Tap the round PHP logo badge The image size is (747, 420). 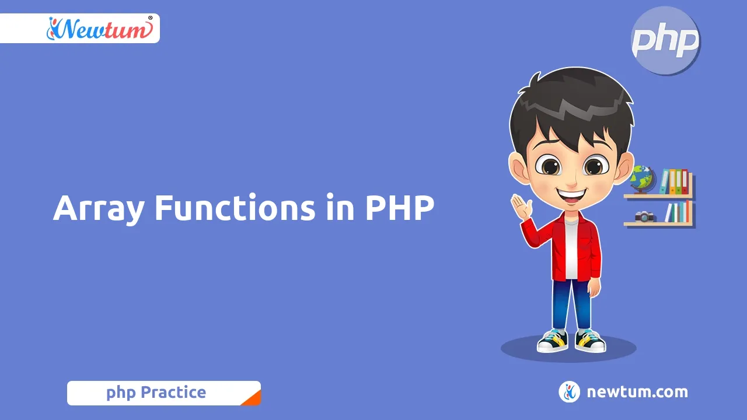coord(666,41)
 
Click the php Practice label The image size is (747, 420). coord(156,393)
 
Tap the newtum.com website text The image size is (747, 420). coord(637,392)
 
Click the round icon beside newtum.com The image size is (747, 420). coord(569,392)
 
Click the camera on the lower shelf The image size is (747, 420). coord(644,216)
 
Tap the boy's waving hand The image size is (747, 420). coord(521,206)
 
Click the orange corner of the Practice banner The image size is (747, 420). coord(252,398)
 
